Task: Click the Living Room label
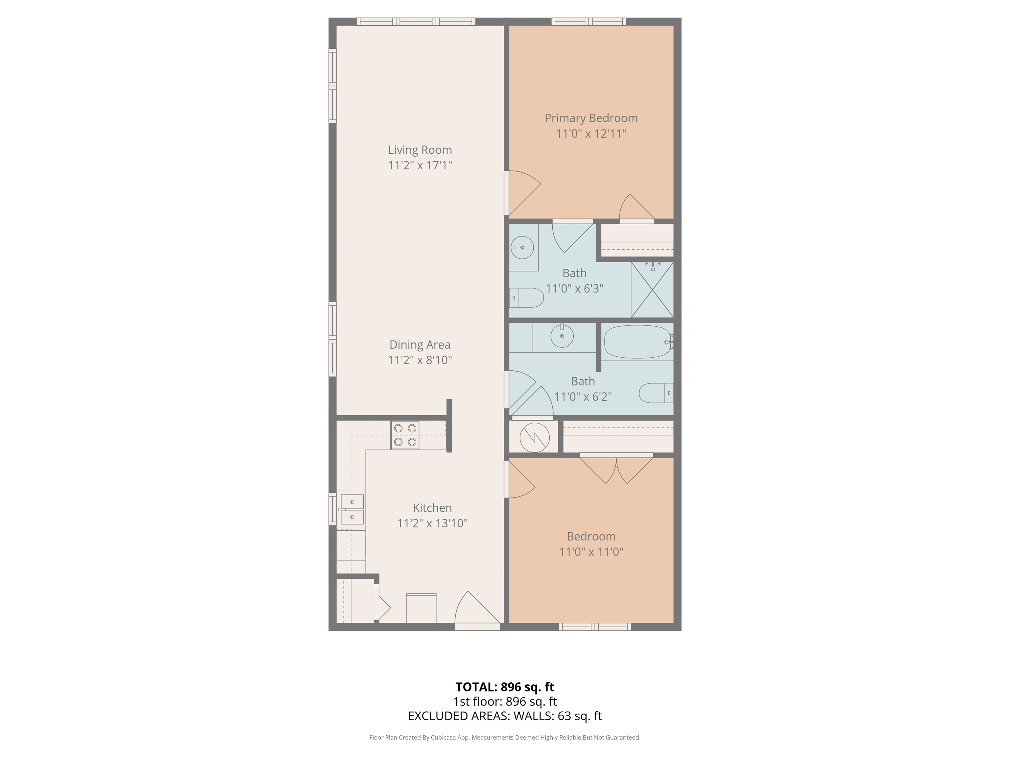(420, 150)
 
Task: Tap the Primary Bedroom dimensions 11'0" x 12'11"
(591, 134)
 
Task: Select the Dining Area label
(420, 345)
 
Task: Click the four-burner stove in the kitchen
(405, 435)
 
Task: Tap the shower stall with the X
(652, 289)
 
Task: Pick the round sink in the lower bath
(562, 336)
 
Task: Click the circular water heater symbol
(534, 437)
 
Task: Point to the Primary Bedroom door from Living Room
(523, 193)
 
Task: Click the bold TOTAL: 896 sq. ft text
(505, 687)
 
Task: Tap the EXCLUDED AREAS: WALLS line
(505, 716)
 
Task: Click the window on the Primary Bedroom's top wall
(589, 21)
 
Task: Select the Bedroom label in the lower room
(591, 536)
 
